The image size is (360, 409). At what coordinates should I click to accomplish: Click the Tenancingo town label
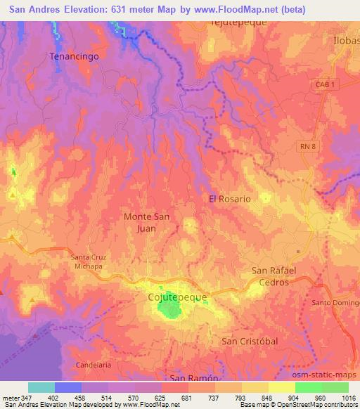(72, 55)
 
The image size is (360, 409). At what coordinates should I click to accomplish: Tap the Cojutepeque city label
(177, 297)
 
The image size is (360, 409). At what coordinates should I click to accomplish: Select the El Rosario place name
(229, 199)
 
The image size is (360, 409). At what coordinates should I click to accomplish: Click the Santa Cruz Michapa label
(88, 262)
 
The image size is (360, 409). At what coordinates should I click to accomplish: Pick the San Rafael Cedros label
(275, 276)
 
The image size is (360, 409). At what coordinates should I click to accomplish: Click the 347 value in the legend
(29, 397)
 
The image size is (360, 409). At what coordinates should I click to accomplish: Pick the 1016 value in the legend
(348, 397)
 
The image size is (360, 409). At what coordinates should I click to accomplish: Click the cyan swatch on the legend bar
(41, 387)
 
